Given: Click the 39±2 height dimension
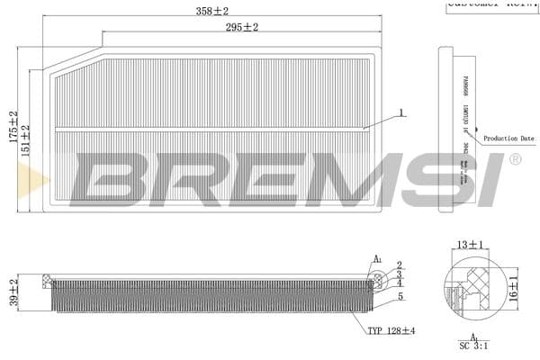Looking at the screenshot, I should [13, 292].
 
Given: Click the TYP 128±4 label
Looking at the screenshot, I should [391, 330].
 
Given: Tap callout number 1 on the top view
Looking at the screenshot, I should [401, 113].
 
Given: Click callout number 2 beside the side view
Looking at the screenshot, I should [399, 265].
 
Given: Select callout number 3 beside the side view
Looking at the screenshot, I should [399, 274].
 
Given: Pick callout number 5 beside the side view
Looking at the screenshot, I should [399, 296].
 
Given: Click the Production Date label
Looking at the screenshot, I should [508, 139].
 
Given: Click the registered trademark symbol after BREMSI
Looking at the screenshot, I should [515, 159].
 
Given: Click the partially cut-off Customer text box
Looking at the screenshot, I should [491, 4].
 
